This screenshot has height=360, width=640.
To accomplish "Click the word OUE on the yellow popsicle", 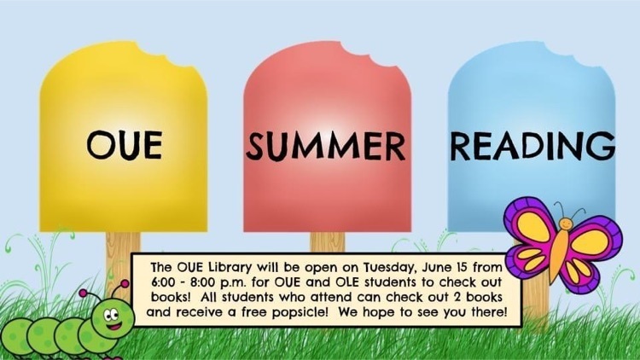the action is tap(125, 145).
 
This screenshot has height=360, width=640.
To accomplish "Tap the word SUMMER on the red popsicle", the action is tap(326, 146).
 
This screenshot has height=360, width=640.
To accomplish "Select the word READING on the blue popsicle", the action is tap(532, 145).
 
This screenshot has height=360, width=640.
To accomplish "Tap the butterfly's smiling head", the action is tap(566, 224).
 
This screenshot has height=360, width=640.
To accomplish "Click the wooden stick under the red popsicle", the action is tap(327, 242).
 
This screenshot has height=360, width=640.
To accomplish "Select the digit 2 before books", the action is tap(457, 297).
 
